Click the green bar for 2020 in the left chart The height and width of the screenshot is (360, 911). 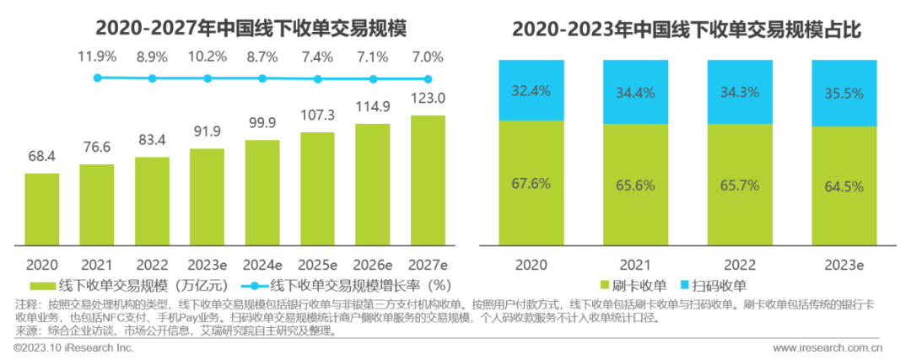point(41,210)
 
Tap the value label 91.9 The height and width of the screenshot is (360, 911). point(207,132)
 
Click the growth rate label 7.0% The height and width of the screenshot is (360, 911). point(428,57)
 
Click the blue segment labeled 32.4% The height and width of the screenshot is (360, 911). point(532,90)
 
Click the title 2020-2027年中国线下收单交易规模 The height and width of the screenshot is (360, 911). point(251,30)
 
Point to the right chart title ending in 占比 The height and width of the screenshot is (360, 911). point(685,30)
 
